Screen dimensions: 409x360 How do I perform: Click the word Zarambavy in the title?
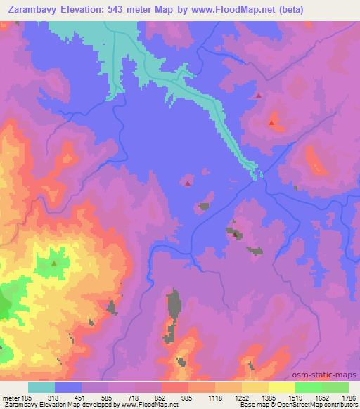click(x=32, y=9)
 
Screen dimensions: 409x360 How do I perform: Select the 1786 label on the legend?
click(x=349, y=398)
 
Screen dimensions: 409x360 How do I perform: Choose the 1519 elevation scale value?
click(x=296, y=398)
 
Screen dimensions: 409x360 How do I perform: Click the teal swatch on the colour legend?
click(x=41, y=388)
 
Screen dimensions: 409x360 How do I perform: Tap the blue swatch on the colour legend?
click(x=68, y=388)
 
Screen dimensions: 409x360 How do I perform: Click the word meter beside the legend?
click(x=10, y=398)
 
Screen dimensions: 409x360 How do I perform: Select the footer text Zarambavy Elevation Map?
click(x=39, y=405)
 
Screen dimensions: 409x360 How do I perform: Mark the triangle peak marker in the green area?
click(x=54, y=264)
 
